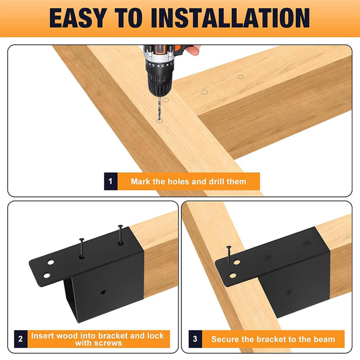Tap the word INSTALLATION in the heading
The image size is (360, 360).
[230, 18]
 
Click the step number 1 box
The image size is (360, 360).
[111, 181]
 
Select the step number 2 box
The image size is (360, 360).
[21, 339]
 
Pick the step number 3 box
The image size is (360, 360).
[195, 339]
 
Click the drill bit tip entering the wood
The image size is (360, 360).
[159, 120]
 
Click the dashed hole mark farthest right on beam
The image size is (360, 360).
[240, 77]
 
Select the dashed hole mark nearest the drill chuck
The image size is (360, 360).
[166, 100]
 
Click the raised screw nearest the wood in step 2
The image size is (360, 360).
[120, 234]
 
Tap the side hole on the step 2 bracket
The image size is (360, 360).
[103, 292]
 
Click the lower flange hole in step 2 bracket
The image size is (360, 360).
[47, 275]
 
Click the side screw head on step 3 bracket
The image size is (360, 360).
[289, 292]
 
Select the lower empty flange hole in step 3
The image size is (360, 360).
[233, 275]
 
